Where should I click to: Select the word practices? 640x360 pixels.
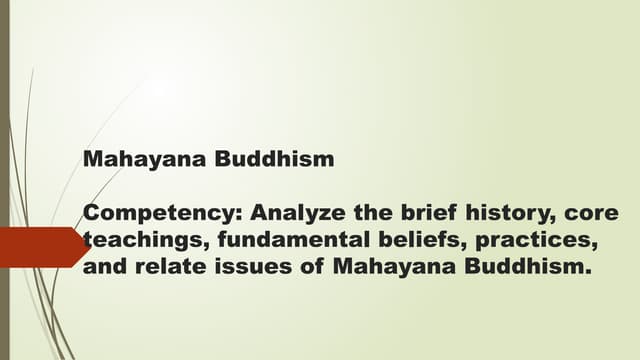pos(537,241)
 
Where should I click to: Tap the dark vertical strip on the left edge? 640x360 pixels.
pos(4,180)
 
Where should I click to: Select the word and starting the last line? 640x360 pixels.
pos(103,266)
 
